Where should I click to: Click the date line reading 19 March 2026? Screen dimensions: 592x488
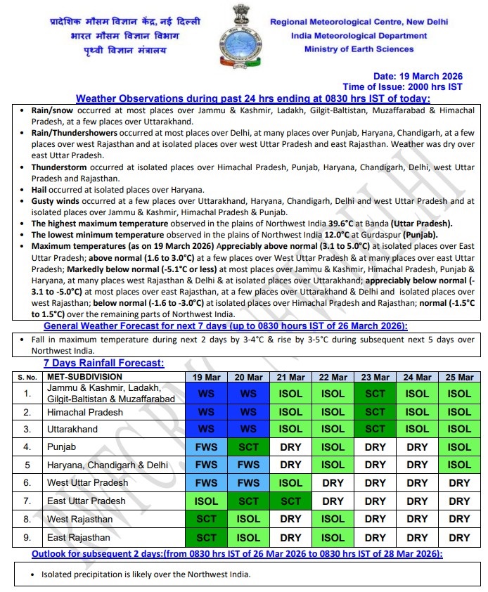pos(418,76)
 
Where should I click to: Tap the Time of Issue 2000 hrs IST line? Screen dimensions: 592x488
pos(407,86)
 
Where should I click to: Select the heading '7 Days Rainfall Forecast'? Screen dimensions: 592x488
pos(103,363)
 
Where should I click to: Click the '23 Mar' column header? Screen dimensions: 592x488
pos(375,378)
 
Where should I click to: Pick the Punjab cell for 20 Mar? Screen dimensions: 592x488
pos(248,446)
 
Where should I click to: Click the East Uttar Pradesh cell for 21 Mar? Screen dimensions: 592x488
pos(290,501)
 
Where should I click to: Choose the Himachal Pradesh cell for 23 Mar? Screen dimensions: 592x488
pos(375,412)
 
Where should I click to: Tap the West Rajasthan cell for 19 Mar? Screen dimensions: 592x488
pos(207,519)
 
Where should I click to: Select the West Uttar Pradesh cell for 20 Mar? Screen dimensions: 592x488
pos(248,483)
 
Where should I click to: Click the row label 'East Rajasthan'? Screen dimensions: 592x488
pos(79,537)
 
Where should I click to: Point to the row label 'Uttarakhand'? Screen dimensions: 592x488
pos(72,429)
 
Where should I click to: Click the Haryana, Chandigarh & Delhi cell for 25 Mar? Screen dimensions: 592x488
pos(459,465)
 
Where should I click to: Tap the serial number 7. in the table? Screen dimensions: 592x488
pos(27,501)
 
